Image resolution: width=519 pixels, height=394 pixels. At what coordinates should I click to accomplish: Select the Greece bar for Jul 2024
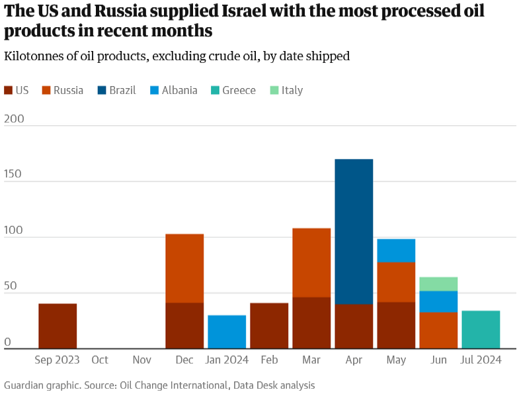pyautogui.click(x=481, y=330)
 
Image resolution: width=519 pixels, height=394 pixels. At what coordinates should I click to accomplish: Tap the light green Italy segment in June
pyautogui.click(x=438, y=284)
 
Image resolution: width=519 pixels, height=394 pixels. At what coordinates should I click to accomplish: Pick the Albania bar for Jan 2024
pyautogui.click(x=227, y=332)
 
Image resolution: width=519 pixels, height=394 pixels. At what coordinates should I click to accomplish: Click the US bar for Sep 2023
pyautogui.click(x=58, y=326)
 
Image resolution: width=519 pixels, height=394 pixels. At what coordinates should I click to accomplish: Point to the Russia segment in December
pyautogui.click(x=184, y=268)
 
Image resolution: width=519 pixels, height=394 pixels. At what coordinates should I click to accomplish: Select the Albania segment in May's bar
pyautogui.click(x=396, y=250)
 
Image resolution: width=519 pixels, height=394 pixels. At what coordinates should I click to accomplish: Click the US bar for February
pyautogui.click(x=269, y=326)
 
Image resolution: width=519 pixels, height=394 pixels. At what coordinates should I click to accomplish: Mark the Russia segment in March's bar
pyautogui.click(x=311, y=263)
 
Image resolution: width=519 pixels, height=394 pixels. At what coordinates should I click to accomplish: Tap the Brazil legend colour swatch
pyautogui.click(x=101, y=91)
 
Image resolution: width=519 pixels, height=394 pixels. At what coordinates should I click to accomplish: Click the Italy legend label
pyautogui.click(x=292, y=91)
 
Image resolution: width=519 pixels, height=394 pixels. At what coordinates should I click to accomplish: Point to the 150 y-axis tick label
pyautogui.click(x=13, y=174)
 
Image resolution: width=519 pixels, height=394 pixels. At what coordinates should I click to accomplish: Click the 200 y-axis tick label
pyautogui.click(x=13, y=119)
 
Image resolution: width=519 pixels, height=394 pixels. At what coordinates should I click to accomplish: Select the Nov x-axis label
pyautogui.click(x=141, y=360)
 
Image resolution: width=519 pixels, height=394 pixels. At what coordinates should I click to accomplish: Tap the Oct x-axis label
pyautogui.click(x=100, y=360)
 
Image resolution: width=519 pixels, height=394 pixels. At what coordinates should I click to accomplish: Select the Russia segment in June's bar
pyautogui.click(x=438, y=330)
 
